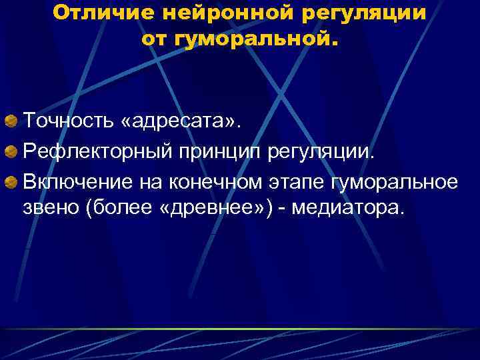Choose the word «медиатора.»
347,209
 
